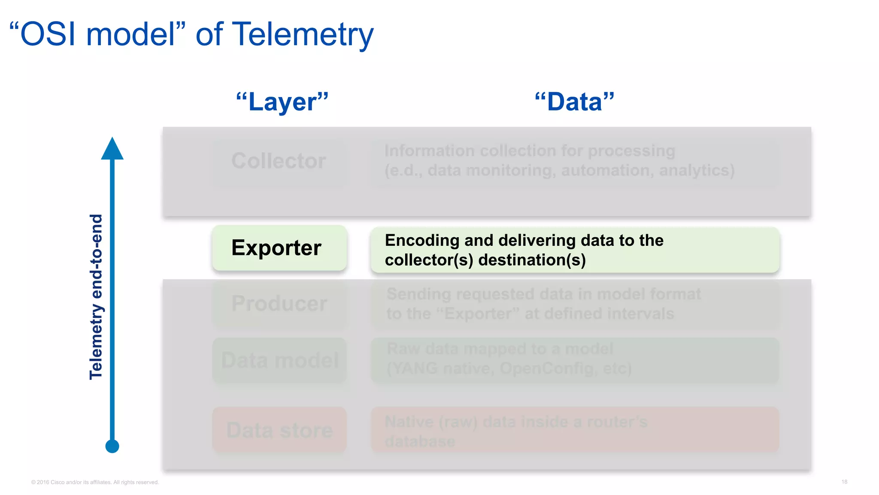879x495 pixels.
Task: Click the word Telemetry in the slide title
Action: (x=303, y=34)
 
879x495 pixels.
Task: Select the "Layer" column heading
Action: (x=282, y=102)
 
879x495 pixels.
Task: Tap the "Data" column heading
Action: (x=574, y=102)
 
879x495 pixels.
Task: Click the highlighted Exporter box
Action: (x=279, y=248)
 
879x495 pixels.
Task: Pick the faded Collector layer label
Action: (x=279, y=161)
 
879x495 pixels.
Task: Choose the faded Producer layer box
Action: (x=279, y=304)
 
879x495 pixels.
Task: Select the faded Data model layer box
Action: (x=279, y=360)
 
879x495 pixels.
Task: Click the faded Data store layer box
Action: (x=279, y=430)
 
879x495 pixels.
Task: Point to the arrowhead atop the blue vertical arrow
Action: (x=112, y=149)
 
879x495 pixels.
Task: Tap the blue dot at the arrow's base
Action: (x=112, y=446)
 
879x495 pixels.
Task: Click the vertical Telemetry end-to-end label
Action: (x=96, y=296)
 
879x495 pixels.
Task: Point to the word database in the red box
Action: (x=420, y=441)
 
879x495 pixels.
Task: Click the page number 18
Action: (x=844, y=482)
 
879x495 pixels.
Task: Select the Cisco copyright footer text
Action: (x=95, y=482)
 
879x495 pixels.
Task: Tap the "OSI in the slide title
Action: (x=45, y=34)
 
